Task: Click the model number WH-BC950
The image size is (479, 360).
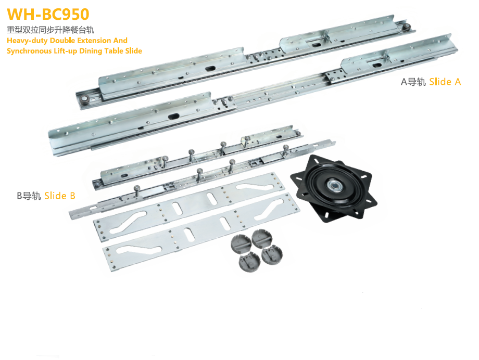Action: click(48, 14)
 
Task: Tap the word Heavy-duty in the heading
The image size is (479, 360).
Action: click(27, 41)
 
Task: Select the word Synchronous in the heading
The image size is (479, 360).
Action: click(29, 51)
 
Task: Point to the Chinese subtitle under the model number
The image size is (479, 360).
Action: click(51, 30)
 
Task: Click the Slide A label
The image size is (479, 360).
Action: click(445, 82)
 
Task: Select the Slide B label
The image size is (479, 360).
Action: click(59, 196)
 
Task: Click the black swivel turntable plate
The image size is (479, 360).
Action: click(334, 188)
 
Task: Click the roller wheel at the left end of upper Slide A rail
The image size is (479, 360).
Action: click(84, 100)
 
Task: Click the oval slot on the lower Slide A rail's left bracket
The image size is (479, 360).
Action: click(173, 117)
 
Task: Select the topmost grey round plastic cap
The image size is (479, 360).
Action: click(261, 238)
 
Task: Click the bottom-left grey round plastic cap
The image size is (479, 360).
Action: click(249, 263)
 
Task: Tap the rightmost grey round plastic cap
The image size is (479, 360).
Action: click(272, 255)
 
